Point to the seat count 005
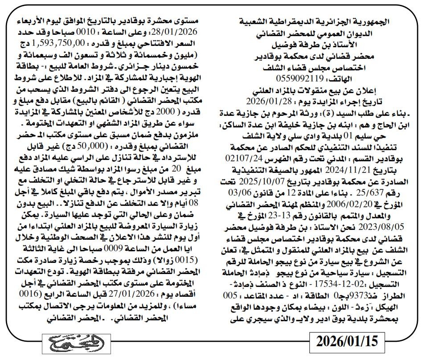(x=232, y=295)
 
